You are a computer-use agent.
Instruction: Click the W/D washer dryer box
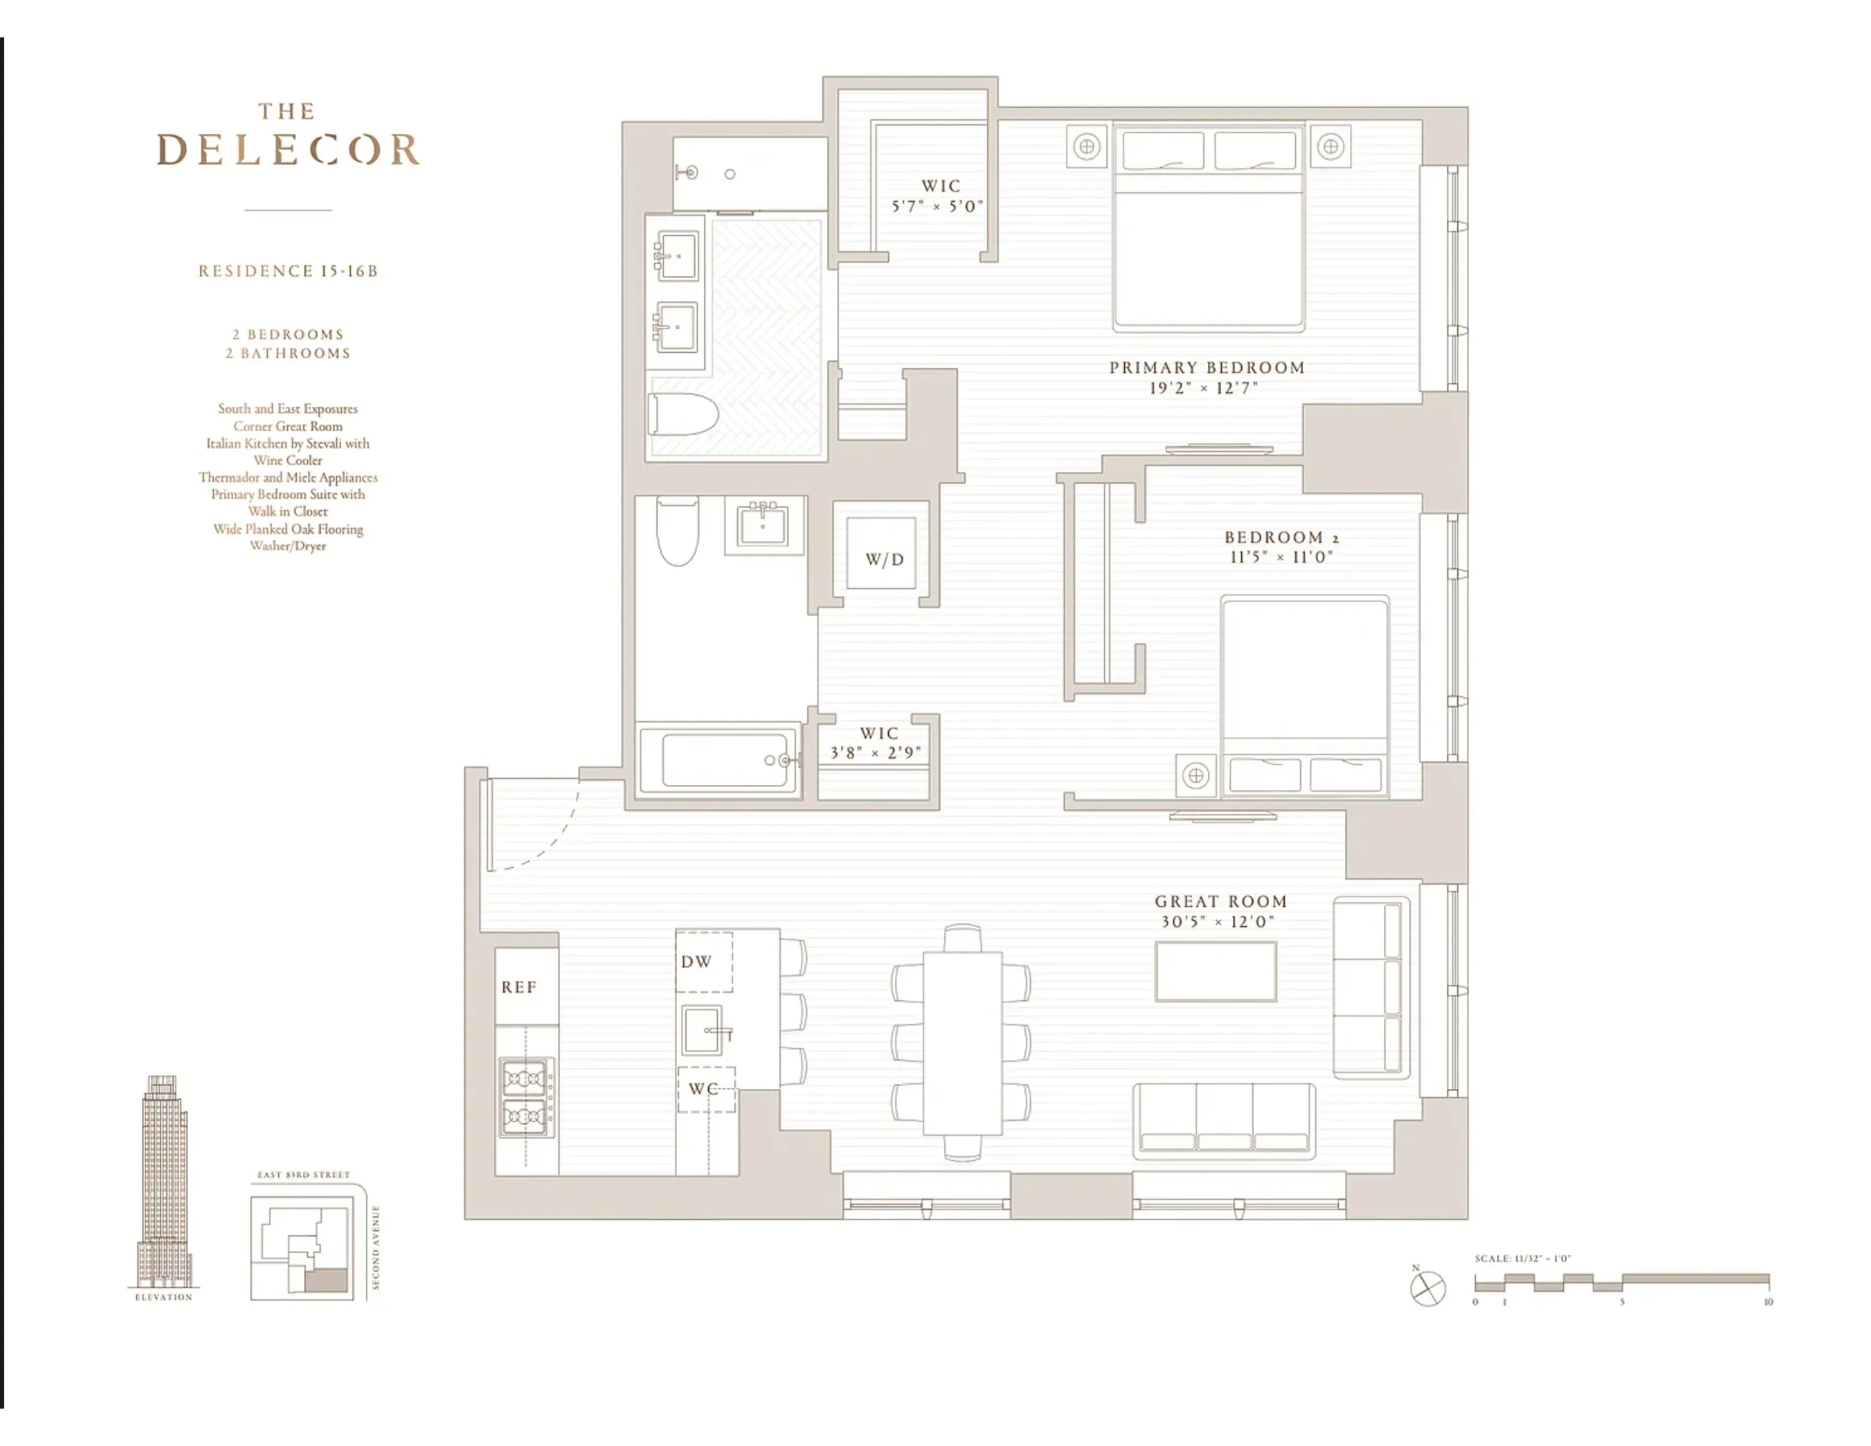[882, 555]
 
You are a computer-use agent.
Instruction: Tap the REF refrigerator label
[519, 987]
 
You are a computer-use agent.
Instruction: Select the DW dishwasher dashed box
[704, 961]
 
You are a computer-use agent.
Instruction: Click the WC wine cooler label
[704, 1089]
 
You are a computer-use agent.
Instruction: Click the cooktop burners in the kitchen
[524, 1097]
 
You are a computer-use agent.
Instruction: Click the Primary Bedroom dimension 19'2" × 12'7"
[1204, 388]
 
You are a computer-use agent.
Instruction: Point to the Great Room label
[1221, 901]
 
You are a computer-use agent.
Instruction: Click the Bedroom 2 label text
[1281, 537]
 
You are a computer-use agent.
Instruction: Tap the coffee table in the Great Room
[1215, 971]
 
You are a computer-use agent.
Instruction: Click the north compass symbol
[1427, 1288]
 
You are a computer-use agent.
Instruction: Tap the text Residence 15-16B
[288, 270]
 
